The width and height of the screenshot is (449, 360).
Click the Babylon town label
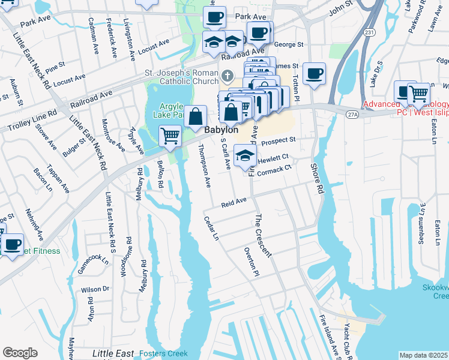[x=221, y=130]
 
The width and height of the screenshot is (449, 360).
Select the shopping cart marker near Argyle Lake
[x=170, y=136]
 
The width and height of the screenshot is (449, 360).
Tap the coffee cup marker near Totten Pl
[x=314, y=74]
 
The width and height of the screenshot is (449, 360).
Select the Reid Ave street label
[x=234, y=203]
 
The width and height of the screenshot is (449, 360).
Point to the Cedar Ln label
[x=210, y=229]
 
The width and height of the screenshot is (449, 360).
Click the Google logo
[x=20, y=353]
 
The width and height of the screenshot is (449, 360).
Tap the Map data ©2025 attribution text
[x=423, y=355]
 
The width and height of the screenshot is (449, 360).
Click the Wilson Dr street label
[x=96, y=289]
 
